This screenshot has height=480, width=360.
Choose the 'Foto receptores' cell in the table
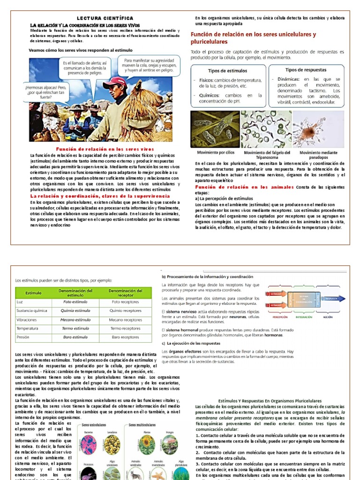point(125,302)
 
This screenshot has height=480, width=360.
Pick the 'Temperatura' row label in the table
point(27,328)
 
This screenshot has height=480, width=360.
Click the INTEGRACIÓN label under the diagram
point(304,317)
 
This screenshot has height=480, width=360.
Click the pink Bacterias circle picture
point(88,443)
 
